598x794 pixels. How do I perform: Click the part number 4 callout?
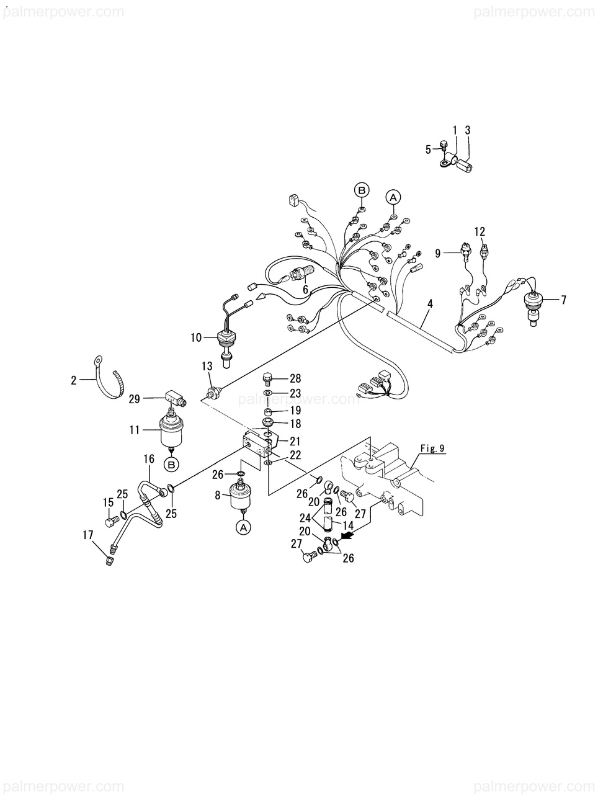click(x=430, y=304)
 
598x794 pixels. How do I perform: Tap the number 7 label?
click(x=563, y=300)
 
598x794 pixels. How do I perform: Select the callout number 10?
click(x=196, y=338)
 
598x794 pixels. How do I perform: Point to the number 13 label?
click(x=207, y=368)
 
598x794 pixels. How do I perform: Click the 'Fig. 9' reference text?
click(x=432, y=448)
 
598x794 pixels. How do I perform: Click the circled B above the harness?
click(x=362, y=190)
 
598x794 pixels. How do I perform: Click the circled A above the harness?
click(x=393, y=197)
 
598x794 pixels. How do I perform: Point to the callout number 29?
click(x=135, y=400)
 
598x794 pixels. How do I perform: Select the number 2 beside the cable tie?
click(x=73, y=380)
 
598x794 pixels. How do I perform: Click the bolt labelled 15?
click(x=111, y=522)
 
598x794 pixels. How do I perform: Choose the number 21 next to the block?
click(x=295, y=441)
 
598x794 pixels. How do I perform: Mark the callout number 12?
click(x=480, y=232)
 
